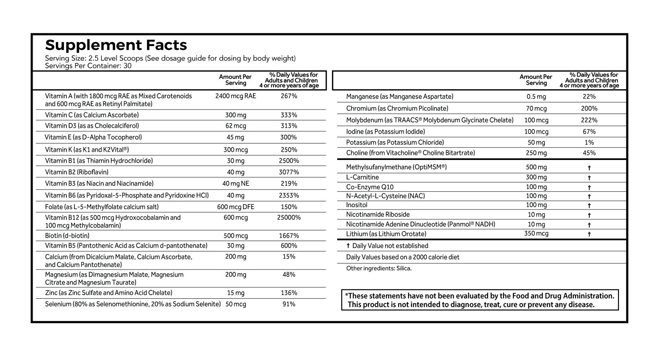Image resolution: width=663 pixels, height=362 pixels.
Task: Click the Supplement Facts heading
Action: pos(116,45)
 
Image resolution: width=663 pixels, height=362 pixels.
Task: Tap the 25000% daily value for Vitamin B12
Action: pos(289,217)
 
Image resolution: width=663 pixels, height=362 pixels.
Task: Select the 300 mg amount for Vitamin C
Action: pos(235,115)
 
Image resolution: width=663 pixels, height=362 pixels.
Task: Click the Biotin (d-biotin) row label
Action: pos(67,236)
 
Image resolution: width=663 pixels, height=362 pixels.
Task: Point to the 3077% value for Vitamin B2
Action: pos(289,172)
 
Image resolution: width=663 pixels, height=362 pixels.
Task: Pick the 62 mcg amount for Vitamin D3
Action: pos(235,126)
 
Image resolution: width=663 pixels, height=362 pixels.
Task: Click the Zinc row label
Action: pos(108,293)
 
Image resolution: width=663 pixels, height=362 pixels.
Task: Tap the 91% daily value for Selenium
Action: pos(289,304)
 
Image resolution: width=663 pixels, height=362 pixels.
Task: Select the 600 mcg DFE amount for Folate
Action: pos(235,207)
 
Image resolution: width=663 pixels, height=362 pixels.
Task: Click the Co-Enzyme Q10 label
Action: pos(369,187)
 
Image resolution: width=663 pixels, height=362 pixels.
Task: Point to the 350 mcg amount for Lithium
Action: pos(536,233)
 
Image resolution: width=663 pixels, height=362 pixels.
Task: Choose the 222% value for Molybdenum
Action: pos(589,120)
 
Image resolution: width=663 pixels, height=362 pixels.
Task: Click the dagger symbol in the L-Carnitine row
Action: pos(589,178)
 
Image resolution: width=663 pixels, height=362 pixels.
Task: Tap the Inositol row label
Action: pos(356,205)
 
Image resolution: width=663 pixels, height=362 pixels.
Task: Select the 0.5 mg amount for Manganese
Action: pos(536,97)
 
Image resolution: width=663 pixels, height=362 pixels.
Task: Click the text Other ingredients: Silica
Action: pos(378,268)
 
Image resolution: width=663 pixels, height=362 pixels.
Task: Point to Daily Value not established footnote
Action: pos(387,246)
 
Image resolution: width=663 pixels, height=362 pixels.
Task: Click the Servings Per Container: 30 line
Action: pos(88,66)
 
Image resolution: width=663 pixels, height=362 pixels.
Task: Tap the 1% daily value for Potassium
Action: pos(589,143)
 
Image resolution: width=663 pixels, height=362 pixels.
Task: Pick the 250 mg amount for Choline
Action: pos(536,153)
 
